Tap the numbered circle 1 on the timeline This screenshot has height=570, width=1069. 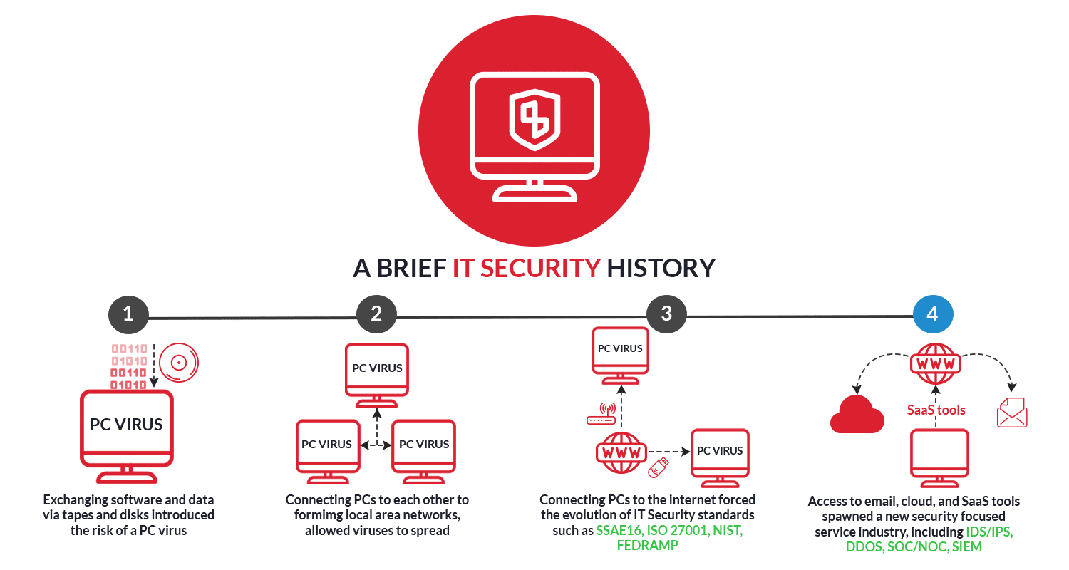point(128,314)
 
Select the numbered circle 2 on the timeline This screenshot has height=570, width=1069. point(376,314)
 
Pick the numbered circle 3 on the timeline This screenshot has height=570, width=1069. point(666,314)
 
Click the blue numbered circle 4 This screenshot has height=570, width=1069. point(933,314)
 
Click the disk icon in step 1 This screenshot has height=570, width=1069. point(178,363)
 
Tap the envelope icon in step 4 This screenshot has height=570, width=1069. point(1012,413)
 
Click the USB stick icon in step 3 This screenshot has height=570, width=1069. point(658,467)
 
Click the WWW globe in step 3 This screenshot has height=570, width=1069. point(621,452)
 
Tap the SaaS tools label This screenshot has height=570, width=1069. point(936,410)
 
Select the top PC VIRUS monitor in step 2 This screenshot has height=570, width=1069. point(377,368)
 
